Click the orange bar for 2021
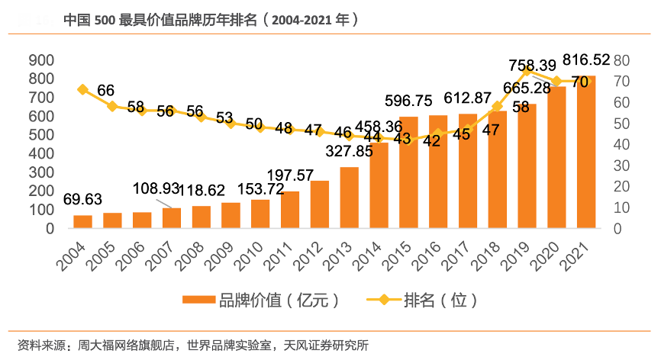tap(586, 153)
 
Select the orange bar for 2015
tap(408, 172)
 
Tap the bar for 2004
tap(82, 221)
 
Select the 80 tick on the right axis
tap(621, 60)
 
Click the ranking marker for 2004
tap(83, 89)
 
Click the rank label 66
tap(106, 91)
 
